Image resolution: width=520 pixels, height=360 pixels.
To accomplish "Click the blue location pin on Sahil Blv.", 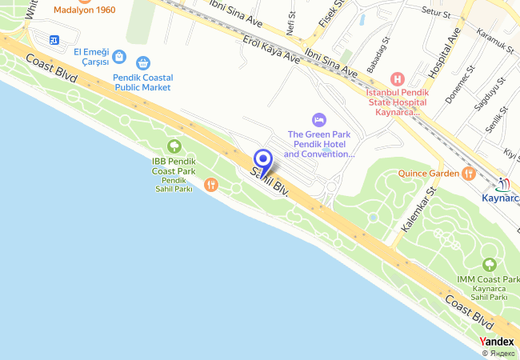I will pos(262,159).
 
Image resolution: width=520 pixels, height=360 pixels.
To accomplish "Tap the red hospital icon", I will pos(398,78).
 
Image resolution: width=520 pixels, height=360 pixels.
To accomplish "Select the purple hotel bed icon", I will pos(319,119).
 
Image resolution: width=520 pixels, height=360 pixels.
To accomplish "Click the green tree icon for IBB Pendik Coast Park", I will pos(174,146).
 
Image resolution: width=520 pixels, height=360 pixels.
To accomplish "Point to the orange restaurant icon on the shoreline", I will pos(210,185).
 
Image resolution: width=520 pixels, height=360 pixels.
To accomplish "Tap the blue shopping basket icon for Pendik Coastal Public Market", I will pos(143,62).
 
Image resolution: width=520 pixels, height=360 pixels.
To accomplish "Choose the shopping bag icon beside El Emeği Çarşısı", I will pos(118,56).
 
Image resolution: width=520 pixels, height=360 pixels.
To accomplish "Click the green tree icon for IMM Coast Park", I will pos(489,265).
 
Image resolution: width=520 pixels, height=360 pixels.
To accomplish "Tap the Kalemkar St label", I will pos(418,210).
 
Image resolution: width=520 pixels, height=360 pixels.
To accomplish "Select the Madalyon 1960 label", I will pos(85,10).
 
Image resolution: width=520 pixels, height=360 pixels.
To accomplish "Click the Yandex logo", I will pos(497,342).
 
